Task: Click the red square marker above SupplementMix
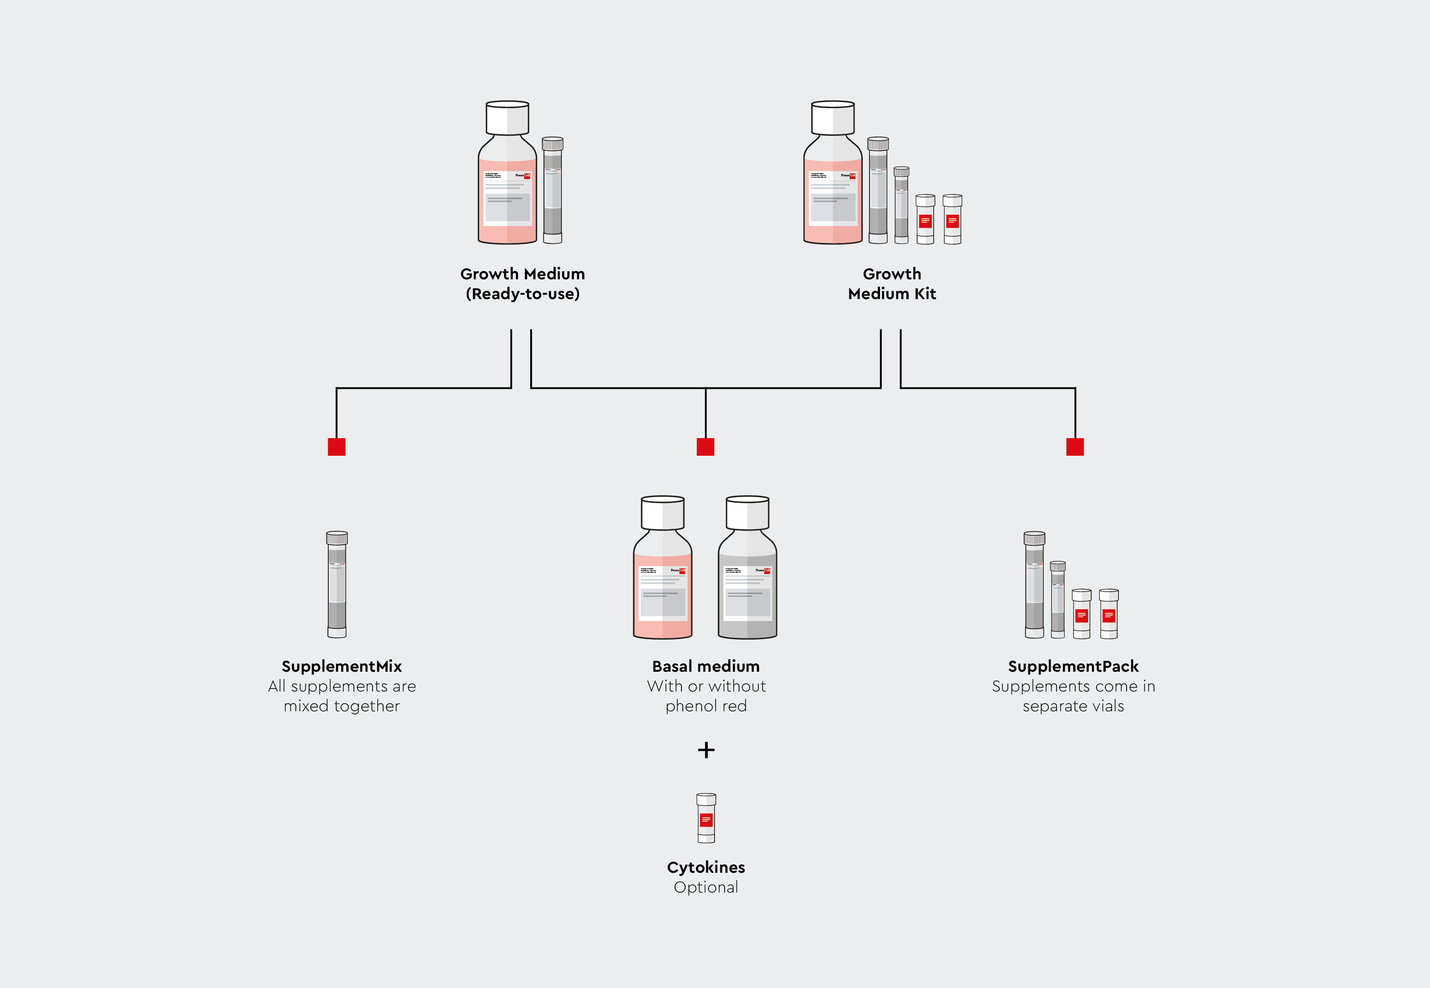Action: click(x=336, y=446)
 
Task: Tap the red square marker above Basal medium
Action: click(x=705, y=446)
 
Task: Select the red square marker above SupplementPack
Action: click(x=1074, y=446)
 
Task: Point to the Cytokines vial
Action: click(x=706, y=818)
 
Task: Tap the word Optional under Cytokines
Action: click(x=706, y=887)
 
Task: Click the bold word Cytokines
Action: click(x=706, y=867)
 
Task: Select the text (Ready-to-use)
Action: click(x=522, y=293)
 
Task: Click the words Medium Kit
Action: click(x=891, y=293)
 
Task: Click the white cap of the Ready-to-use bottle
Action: click(x=507, y=117)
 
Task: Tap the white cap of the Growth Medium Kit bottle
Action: click(x=832, y=117)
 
